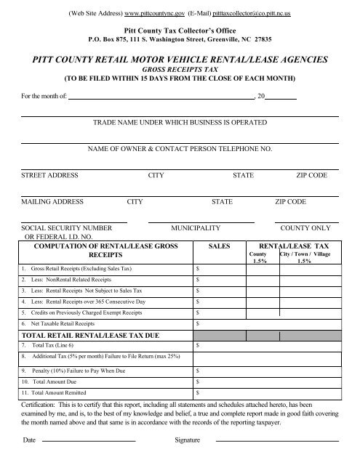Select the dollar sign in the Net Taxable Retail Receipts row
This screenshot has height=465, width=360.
pos(200,322)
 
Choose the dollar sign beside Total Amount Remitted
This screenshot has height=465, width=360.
pos(200,392)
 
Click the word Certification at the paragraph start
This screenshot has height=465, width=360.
pos(39,402)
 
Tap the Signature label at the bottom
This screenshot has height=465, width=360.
pos(188,441)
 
